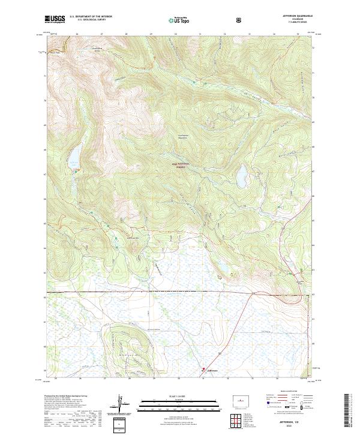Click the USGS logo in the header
55,19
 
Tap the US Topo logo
179,20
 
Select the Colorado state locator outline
239,399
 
